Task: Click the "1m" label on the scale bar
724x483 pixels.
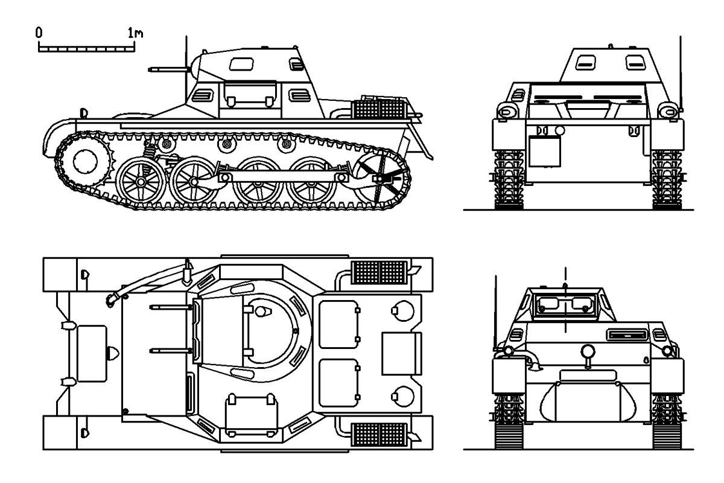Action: [x=136, y=34]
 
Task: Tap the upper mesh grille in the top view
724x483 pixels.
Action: [x=377, y=273]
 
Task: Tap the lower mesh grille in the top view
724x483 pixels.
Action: [x=377, y=433]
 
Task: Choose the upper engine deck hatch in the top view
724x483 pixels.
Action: [x=338, y=325]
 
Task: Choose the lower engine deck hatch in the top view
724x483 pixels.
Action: [x=338, y=383]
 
